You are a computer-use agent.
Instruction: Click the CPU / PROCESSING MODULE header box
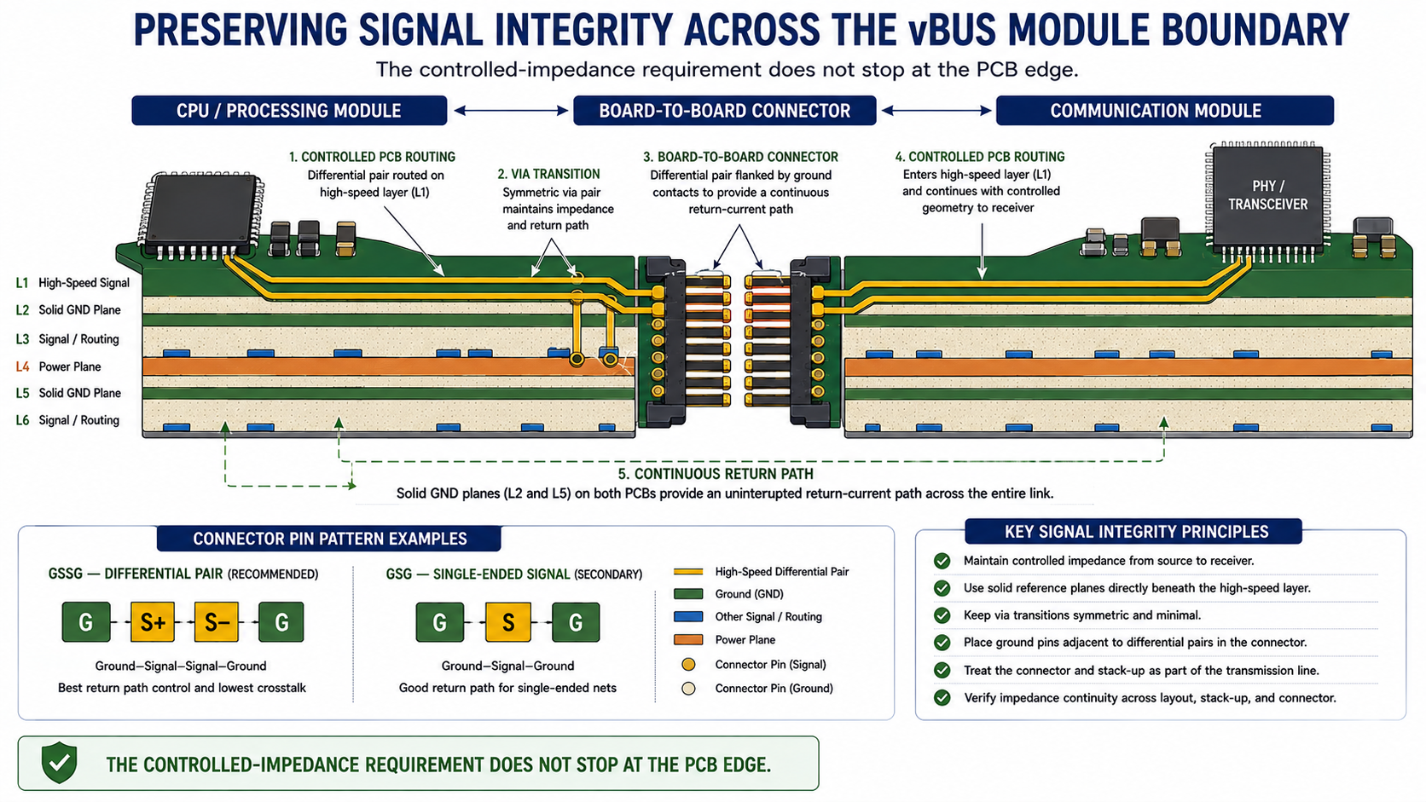click(x=289, y=111)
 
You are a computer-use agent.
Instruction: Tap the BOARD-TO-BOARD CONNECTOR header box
click(x=724, y=111)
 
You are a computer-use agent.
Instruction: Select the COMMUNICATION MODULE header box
click(x=1164, y=111)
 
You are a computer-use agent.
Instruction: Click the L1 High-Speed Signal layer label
click(x=72, y=283)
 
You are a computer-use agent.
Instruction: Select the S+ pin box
click(x=152, y=622)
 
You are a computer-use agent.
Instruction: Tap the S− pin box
click(x=217, y=622)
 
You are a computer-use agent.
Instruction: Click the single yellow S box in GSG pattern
click(x=507, y=622)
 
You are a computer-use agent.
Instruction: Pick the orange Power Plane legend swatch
click(x=688, y=640)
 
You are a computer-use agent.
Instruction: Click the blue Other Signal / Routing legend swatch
click(x=688, y=616)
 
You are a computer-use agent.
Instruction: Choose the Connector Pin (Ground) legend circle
click(x=688, y=688)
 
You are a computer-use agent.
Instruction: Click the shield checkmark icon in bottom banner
click(x=59, y=762)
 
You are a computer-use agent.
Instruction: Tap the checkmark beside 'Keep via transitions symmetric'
click(x=942, y=615)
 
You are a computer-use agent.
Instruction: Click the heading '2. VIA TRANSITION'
click(x=548, y=174)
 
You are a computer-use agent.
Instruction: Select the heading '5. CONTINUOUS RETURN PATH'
click(x=716, y=474)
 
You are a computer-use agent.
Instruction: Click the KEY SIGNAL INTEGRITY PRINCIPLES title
click(x=1136, y=532)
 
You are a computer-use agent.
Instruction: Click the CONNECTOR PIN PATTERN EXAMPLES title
click(x=330, y=539)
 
